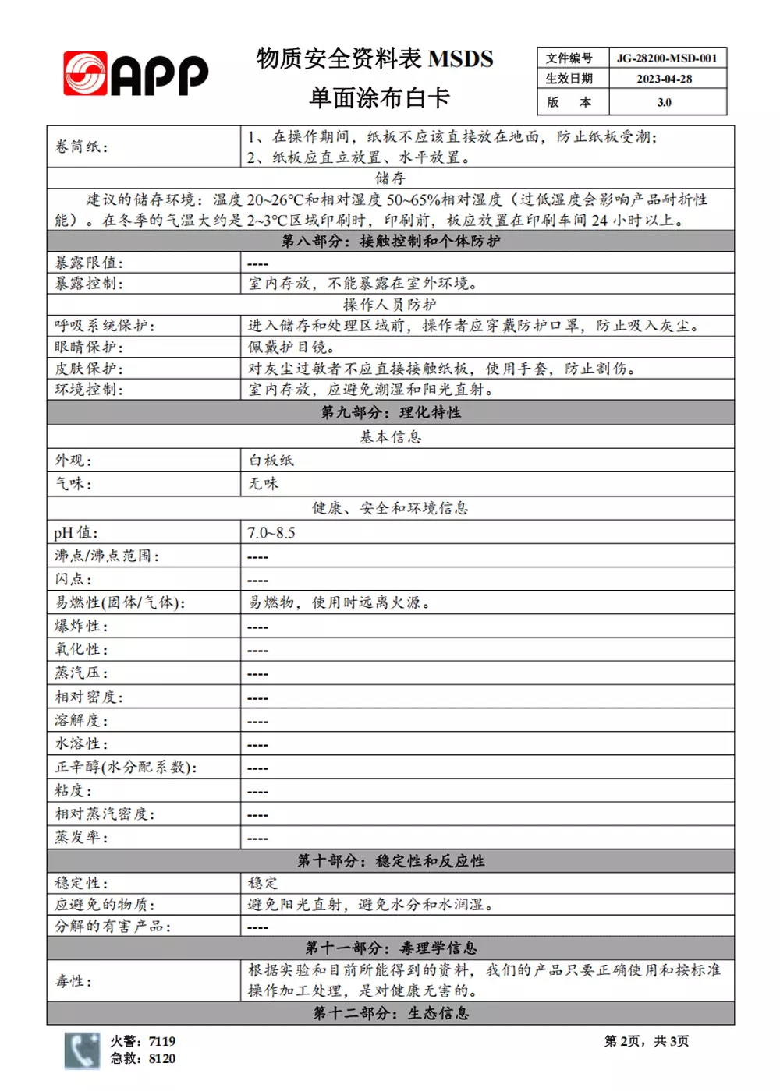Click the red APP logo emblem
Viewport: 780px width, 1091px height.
pyautogui.click(x=85, y=74)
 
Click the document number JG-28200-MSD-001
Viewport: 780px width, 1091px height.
pyautogui.click(x=666, y=58)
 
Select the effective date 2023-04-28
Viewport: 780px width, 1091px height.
pyautogui.click(x=664, y=79)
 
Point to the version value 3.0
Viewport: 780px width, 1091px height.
pyautogui.click(x=664, y=102)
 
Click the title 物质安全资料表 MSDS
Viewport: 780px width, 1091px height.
pyautogui.click(x=374, y=59)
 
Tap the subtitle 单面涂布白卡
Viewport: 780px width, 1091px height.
pyautogui.click(x=379, y=98)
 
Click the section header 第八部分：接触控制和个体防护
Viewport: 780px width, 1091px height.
pyautogui.click(x=390, y=242)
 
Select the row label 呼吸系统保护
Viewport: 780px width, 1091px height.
pyautogui.click(x=105, y=326)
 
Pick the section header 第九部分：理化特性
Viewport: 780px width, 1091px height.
pyautogui.click(x=390, y=412)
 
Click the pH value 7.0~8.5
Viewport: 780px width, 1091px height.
pyautogui.click(x=271, y=533)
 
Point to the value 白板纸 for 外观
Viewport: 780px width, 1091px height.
pyautogui.click(x=271, y=461)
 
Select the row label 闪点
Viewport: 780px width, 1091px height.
pyautogui.click(x=73, y=580)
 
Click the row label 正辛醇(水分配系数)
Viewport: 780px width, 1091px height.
pyautogui.click(x=126, y=768)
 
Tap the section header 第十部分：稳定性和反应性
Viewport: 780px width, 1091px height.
pyautogui.click(x=390, y=861)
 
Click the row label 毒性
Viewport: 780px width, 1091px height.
pyautogui.click(x=73, y=981)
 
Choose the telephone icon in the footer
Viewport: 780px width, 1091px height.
pyautogui.click(x=82, y=1050)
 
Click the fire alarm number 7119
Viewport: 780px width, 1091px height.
pyautogui.click(x=162, y=1042)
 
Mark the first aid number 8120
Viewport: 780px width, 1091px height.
pyautogui.click(x=162, y=1059)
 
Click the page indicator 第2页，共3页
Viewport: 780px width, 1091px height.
pyautogui.click(x=646, y=1042)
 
